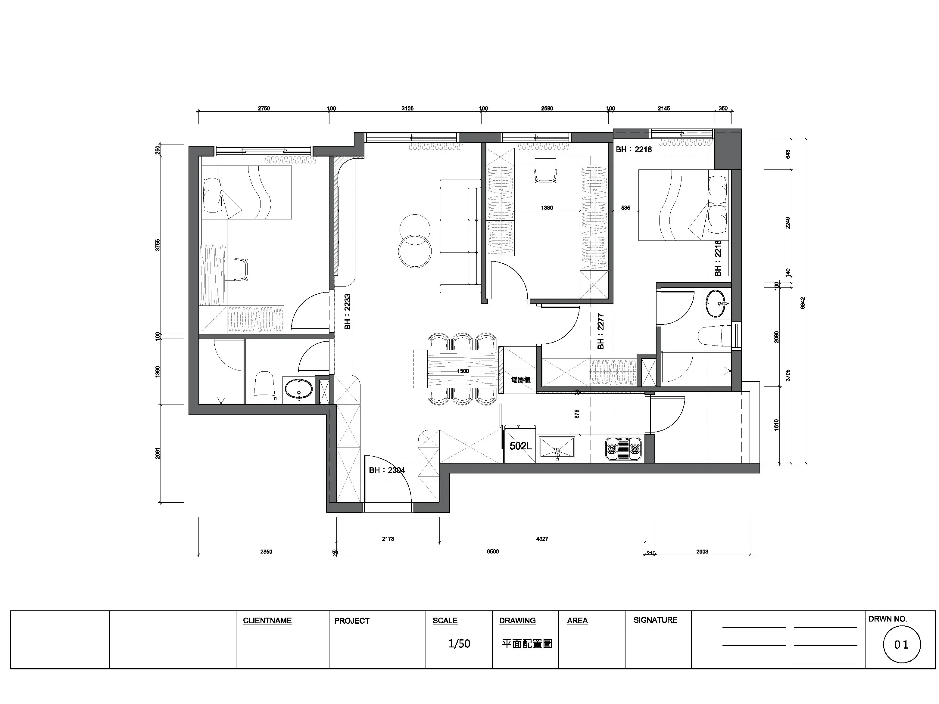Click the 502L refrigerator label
coord(520,446)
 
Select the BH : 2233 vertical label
coord(348,312)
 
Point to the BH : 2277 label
coord(600,331)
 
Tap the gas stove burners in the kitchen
coord(623,448)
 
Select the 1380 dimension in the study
coord(547,208)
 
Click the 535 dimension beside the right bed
coord(626,208)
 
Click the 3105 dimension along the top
coord(407,109)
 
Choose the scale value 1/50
coord(459,644)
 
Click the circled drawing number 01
coord(902,645)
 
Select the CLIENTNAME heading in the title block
coord(267,621)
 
